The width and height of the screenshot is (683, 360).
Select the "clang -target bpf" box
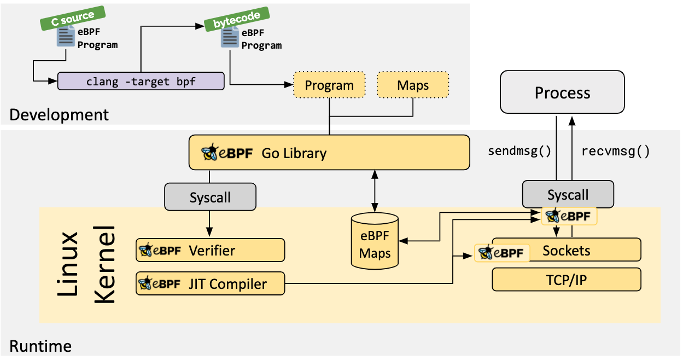click(x=141, y=82)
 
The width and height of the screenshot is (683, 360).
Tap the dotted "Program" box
click(x=329, y=85)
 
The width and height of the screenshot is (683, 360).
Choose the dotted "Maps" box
click(x=412, y=85)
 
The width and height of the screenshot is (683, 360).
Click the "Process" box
click(x=562, y=92)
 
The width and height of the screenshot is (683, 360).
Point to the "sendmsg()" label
click(x=519, y=151)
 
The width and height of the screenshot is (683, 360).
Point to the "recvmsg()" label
click(x=615, y=151)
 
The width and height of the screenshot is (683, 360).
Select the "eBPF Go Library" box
click(x=329, y=152)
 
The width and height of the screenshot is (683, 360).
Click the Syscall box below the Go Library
click(x=210, y=197)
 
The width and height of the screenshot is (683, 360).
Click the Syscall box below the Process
click(x=568, y=194)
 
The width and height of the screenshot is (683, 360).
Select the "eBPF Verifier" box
click(x=210, y=251)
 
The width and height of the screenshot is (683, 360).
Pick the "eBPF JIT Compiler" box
click(x=210, y=283)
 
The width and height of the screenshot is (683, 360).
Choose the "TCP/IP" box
click(x=566, y=280)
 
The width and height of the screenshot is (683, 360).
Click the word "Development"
click(x=59, y=115)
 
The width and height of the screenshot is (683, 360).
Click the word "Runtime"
click(x=40, y=346)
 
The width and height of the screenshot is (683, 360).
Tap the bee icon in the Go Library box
click(x=210, y=153)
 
